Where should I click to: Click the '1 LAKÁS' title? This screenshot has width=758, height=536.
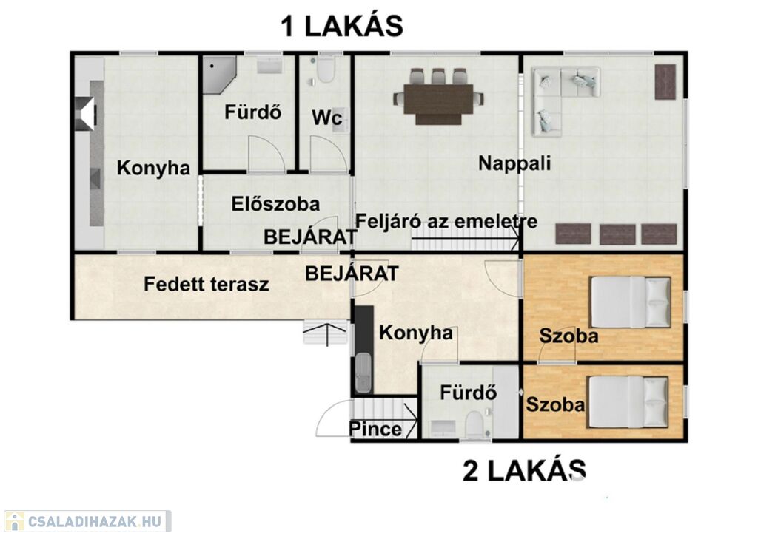tap(342, 26)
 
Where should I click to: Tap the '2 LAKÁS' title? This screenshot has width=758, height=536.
tap(525, 470)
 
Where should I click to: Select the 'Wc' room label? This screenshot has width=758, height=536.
tap(327, 118)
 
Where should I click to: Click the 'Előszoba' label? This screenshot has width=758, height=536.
tap(275, 204)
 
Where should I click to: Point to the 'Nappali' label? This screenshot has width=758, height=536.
tap(515, 163)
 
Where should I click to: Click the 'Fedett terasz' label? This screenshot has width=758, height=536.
tap(207, 284)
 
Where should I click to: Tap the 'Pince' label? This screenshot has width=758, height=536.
tap(375, 429)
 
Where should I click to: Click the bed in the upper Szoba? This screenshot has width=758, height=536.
tap(630, 302)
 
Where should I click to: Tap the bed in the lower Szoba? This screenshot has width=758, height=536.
tap(628, 401)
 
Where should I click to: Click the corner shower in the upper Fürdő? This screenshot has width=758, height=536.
tap(219, 75)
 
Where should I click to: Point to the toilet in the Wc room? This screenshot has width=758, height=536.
tap(326, 69)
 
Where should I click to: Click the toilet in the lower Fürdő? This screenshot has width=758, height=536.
tap(474, 424)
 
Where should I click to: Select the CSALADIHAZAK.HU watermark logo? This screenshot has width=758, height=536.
tap(87, 521)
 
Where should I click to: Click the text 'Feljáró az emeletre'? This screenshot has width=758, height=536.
tap(446, 222)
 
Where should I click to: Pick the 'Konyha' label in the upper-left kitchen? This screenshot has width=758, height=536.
tap(153, 169)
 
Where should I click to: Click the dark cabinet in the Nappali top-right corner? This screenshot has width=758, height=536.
tap(665, 81)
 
